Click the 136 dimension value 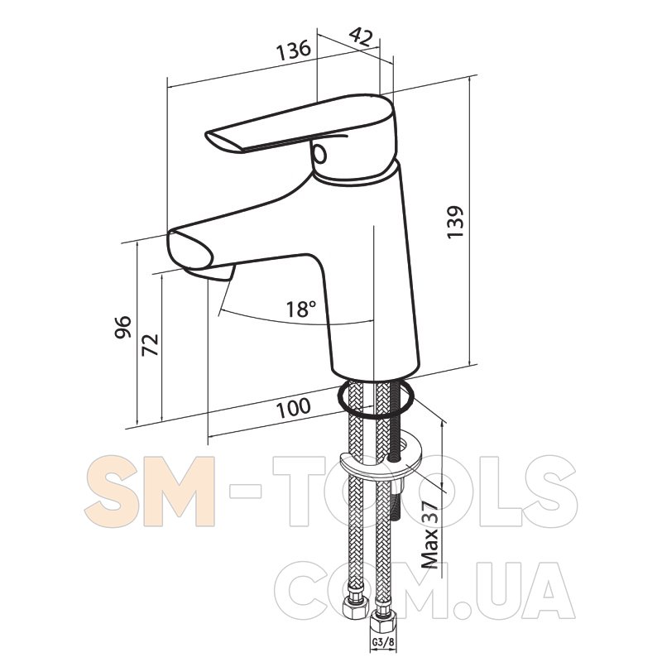(x=294, y=50)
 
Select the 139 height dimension (x=456, y=222)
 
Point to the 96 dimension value (x=123, y=326)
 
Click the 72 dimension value (x=151, y=345)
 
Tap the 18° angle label (x=301, y=309)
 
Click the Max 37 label (x=430, y=535)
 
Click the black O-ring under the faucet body (x=375, y=398)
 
